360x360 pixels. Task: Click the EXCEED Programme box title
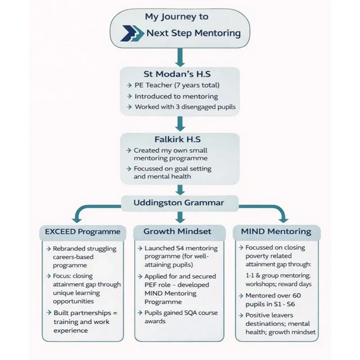pos(83,232)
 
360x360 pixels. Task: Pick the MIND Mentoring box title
pos(275,232)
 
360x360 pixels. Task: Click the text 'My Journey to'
pos(179,16)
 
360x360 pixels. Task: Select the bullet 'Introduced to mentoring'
pos(176,97)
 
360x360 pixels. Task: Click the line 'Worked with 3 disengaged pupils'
pos(184,107)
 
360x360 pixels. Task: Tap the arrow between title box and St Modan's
pos(179,57)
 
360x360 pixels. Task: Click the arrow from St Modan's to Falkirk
pos(179,124)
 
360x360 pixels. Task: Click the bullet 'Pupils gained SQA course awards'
pos(180,316)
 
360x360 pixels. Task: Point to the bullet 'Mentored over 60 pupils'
pos(277,300)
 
